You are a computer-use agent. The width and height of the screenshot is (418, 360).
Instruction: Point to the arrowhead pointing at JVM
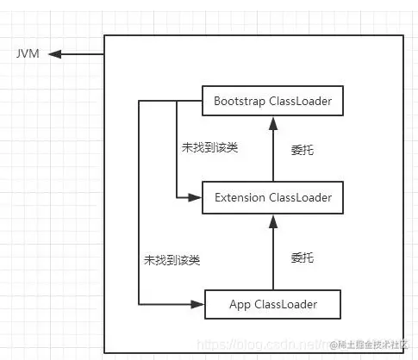point(54,53)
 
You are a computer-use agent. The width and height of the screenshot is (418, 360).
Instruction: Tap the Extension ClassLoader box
point(272,198)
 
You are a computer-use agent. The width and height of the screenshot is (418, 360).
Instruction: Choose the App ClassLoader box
point(272,304)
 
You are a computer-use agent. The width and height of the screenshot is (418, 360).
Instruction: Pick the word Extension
point(240,198)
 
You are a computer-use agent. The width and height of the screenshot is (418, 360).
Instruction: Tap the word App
point(240,304)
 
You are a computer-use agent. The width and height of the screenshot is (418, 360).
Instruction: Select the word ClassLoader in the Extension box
point(301,198)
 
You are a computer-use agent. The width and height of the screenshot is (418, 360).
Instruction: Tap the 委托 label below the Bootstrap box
point(303,150)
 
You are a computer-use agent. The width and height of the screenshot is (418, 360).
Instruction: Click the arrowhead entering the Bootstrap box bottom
point(272,123)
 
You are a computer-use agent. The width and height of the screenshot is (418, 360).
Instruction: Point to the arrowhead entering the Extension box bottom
point(272,219)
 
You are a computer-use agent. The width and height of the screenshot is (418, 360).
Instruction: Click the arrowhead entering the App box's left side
point(199,304)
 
